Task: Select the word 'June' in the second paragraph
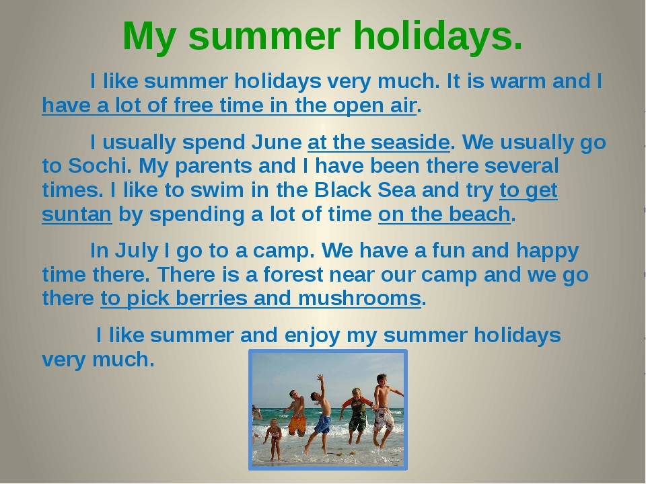(277, 143)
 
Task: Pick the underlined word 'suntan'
(76, 215)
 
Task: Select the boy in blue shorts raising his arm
(322, 417)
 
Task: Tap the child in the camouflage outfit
(356, 413)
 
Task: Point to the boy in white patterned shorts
(383, 410)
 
